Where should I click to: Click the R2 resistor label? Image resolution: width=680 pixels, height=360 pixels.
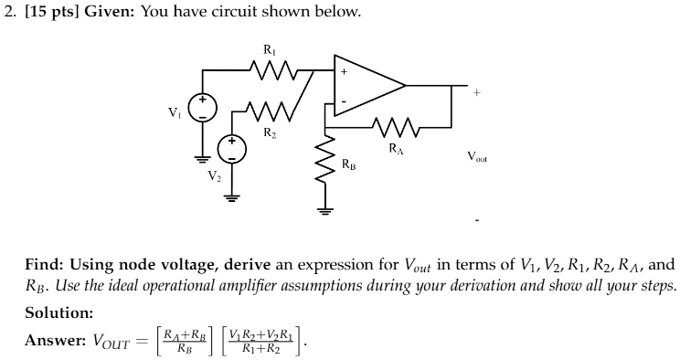coord(270,134)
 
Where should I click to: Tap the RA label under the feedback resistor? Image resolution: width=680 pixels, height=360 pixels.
coord(394,147)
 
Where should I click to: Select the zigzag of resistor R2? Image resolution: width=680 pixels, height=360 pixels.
coord(271,113)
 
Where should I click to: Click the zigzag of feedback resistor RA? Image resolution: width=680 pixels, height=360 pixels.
coord(394,124)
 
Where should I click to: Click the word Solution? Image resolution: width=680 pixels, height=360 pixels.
coord(58,312)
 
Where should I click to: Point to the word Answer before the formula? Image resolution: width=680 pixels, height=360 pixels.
coord(54,341)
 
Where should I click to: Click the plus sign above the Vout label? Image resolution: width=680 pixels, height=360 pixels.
coord(475,91)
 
